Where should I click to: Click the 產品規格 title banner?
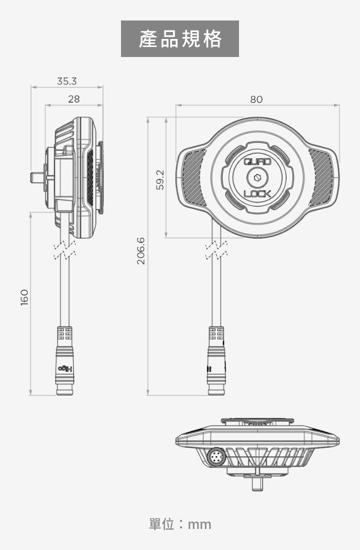pyautogui.click(x=180, y=39)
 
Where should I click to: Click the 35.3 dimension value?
pyautogui.click(x=66, y=81)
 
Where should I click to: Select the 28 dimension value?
pyautogui.click(x=74, y=99)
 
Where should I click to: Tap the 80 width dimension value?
pyautogui.click(x=256, y=99)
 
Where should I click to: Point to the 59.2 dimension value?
pyautogui.click(x=159, y=179)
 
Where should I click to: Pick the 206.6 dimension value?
pyautogui.click(x=141, y=251)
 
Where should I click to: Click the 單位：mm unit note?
pyautogui.click(x=180, y=524)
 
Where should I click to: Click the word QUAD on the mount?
pyautogui.click(x=257, y=161)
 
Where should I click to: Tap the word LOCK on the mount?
pyautogui.click(x=257, y=194)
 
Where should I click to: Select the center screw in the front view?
pyautogui.click(x=257, y=177)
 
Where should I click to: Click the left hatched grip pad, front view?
pyautogui.click(x=194, y=177)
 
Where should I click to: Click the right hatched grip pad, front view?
pyautogui.click(x=320, y=177)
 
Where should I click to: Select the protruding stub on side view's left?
pyautogui.click(x=36, y=177)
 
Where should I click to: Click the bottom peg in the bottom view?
pyautogui.click(x=257, y=483)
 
